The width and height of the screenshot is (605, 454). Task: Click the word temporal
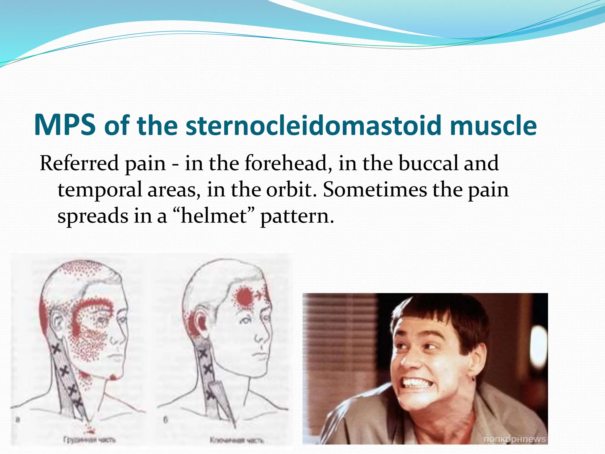100,189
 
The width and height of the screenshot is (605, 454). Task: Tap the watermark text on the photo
514,439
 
